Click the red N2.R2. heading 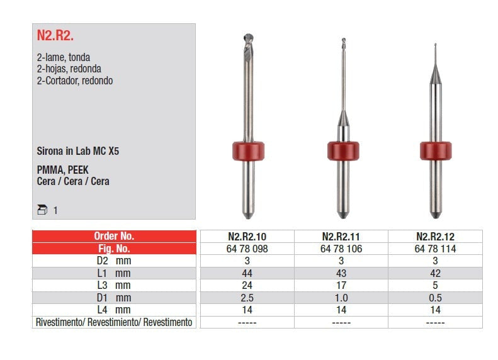pyautogui.click(x=55, y=35)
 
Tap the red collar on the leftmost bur pyautogui.click(x=248, y=151)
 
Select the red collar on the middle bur pyautogui.click(x=343, y=151)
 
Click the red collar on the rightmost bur pyautogui.click(x=436, y=151)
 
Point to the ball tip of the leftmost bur pyautogui.click(x=248, y=38)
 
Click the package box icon pyautogui.click(x=42, y=210)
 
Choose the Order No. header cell pyautogui.click(x=115, y=236)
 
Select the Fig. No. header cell pyautogui.click(x=115, y=249)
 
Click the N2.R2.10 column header pyautogui.click(x=247, y=237)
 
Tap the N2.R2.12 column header pyautogui.click(x=436, y=237)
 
